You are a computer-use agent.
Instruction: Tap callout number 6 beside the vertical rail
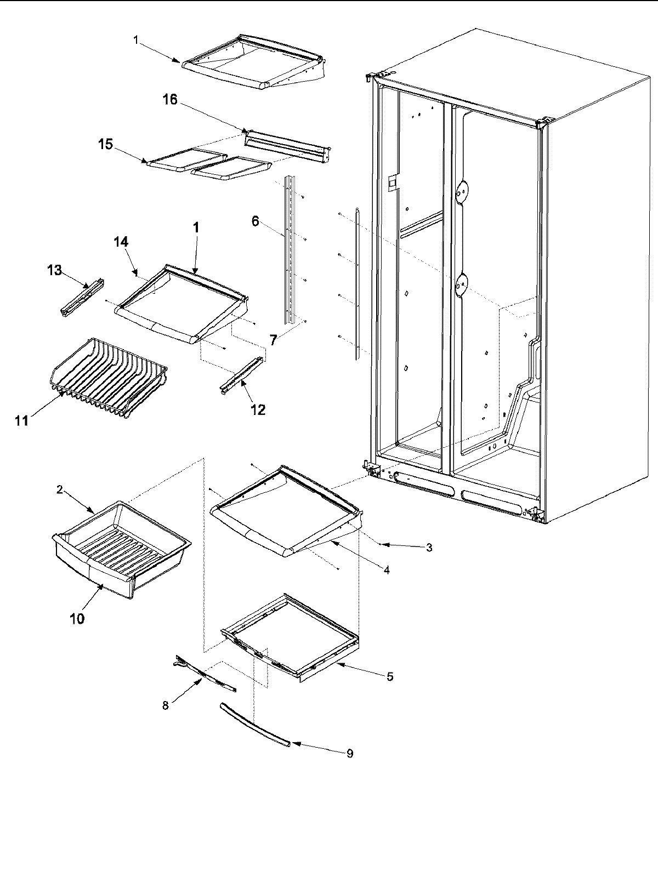(x=254, y=221)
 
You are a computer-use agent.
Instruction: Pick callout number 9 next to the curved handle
(x=349, y=754)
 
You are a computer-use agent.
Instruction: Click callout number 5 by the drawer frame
(x=389, y=677)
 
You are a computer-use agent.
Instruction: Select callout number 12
(x=258, y=409)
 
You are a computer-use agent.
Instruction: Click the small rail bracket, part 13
(x=82, y=297)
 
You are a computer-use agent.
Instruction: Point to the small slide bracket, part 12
(x=241, y=376)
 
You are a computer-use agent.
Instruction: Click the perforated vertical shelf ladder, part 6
(x=289, y=249)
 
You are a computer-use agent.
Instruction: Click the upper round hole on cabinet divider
(x=463, y=190)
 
